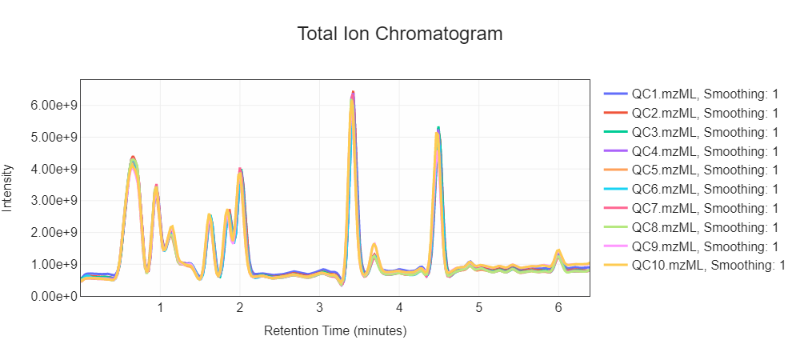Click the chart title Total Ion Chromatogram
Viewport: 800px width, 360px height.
[x=400, y=34]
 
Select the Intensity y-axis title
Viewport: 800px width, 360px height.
[x=8, y=188]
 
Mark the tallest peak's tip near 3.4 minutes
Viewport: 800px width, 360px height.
[x=353, y=93]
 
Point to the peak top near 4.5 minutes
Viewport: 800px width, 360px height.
[x=438, y=129]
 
